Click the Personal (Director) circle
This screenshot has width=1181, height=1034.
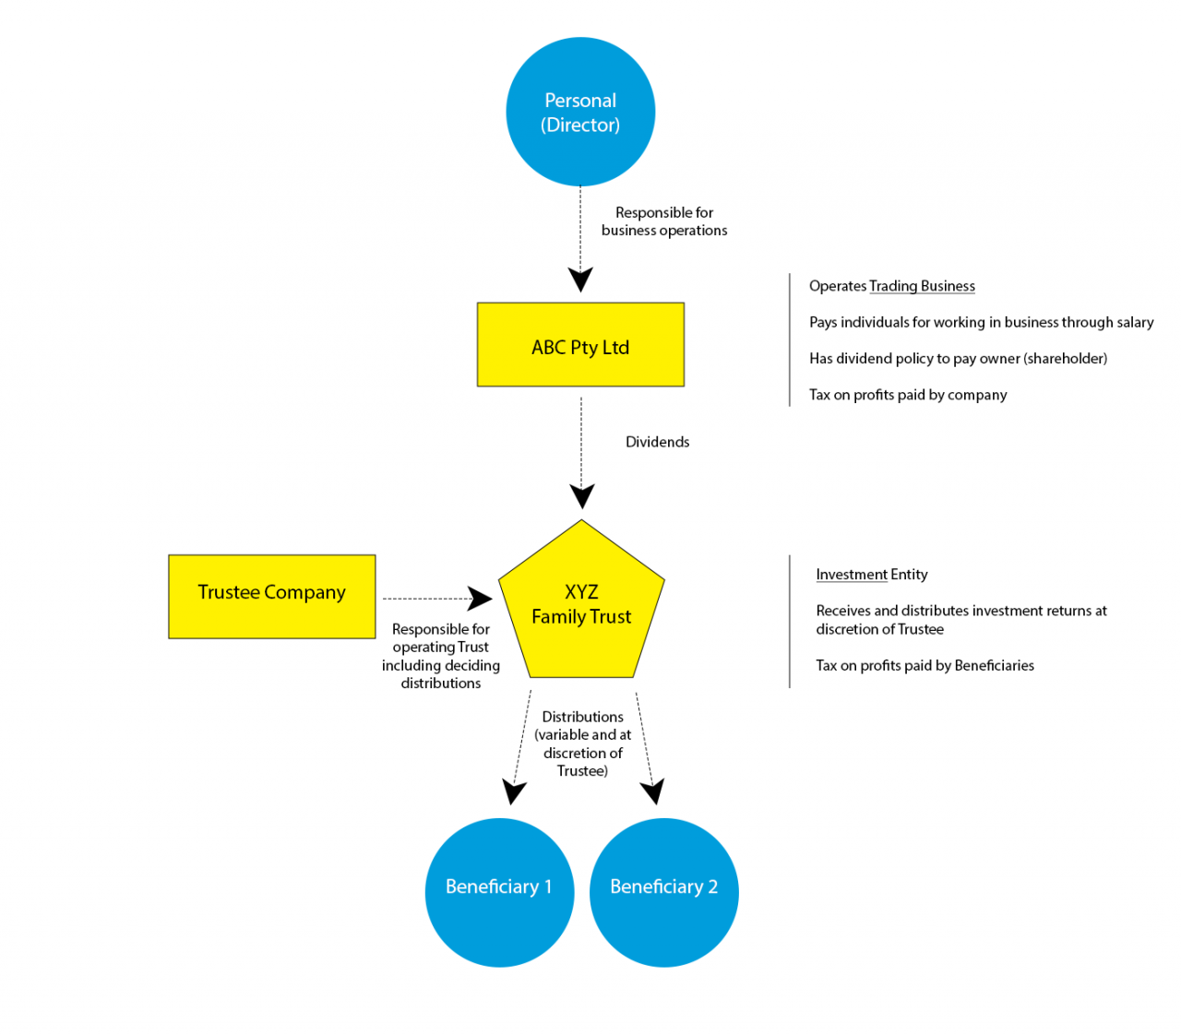tap(580, 112)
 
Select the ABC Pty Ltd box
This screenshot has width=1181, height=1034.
tap(580, 345)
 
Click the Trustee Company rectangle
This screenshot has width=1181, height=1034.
tap(272, 596)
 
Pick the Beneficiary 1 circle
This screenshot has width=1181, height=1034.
tap(499, 892)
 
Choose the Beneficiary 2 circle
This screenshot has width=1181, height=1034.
tap(663, 892)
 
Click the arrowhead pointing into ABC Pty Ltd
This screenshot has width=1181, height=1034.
tap(580, 279)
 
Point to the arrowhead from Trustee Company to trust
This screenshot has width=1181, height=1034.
tap(480, 599)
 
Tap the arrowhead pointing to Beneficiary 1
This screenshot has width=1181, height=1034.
tap(514, 791)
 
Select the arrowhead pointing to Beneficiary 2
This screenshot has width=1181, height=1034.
tap(652, 791)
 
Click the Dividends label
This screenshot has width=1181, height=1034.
tap(657, 442)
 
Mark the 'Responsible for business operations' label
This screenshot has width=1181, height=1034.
tap(664, 221)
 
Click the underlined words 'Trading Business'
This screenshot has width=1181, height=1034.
tap(922, 286)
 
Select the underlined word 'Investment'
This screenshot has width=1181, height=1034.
tap(852, 575)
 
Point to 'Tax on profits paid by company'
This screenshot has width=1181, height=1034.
tap(908, 395)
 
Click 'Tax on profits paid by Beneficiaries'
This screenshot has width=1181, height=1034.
tap(925, 665)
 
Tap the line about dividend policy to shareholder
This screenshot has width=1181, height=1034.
tap(958, 359)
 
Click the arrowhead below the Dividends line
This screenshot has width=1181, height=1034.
tap(582, 496)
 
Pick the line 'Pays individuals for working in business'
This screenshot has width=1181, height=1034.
tap(981, 322)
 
